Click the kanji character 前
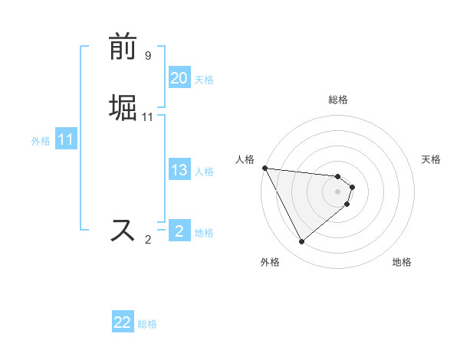click(123, 47)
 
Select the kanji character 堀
click(123, 106)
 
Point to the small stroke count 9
click(148, 56)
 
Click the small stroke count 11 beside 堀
click(148, 116)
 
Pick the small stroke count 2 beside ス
click(148, 240)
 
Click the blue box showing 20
click(179, 78)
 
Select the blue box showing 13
click(179, 170)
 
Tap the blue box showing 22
click(123, 322)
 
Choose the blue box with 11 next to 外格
click(66, 140)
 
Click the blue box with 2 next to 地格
click(179, 231)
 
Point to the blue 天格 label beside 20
click(204, 79)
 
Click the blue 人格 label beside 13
click(204, 171)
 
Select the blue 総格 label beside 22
click(147, 323)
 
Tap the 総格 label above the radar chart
click(338, 100)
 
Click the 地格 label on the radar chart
click(402, 262)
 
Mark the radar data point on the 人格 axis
click(264, 168)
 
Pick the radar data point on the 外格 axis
click(301, 242)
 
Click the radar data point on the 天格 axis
click(353, 186)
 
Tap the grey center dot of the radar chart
click(338, 191)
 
